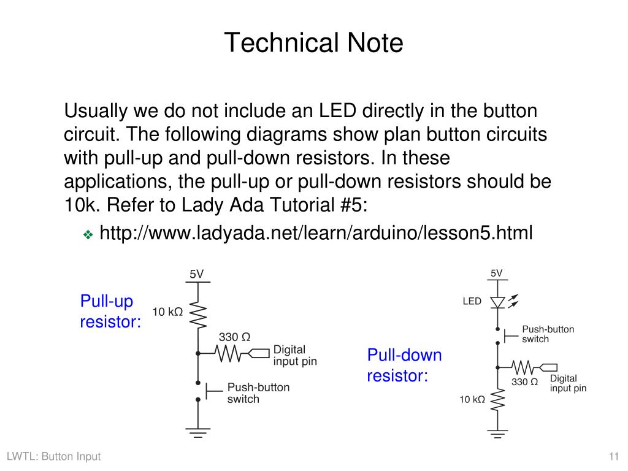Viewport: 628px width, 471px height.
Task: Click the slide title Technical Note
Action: pos(313,43)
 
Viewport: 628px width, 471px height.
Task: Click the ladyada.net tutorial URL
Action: pos(316,233)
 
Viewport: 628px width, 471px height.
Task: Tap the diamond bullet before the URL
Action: pos(87,234)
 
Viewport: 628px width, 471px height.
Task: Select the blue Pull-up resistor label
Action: pos(110,312)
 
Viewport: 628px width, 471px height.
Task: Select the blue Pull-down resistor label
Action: pos(404,365)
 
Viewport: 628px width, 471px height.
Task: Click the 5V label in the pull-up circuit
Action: pos(196,274)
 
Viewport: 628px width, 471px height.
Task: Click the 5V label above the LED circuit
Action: pos(496,273)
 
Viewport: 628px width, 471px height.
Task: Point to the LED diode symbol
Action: pos(497,302)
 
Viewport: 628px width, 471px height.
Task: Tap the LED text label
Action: pos(472,302)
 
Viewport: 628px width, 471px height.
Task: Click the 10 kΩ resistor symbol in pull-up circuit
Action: pos(198,315)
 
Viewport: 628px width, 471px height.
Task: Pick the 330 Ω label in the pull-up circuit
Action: pos(234,337)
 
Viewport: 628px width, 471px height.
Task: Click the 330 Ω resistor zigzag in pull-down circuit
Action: pos(522,367)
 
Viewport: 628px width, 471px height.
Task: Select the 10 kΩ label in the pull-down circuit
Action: pos(472,400)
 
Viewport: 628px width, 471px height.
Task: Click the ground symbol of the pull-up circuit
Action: pos(197,432)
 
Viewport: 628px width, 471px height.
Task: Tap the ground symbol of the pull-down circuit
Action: pos(497,433)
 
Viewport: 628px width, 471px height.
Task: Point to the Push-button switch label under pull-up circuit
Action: pos(258,393)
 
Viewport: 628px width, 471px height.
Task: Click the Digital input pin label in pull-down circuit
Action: pos(567,383)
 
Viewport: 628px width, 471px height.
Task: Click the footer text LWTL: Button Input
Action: pos(53,456)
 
